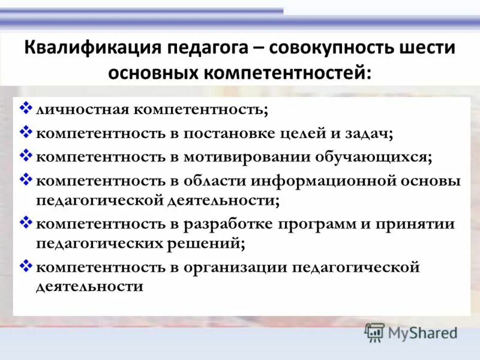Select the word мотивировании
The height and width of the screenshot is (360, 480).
(236, 157)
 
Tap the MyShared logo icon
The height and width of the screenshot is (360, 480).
(374, 332)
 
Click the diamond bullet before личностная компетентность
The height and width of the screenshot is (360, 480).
(26, 109)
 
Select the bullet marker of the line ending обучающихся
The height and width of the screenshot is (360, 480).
(26, 155)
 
